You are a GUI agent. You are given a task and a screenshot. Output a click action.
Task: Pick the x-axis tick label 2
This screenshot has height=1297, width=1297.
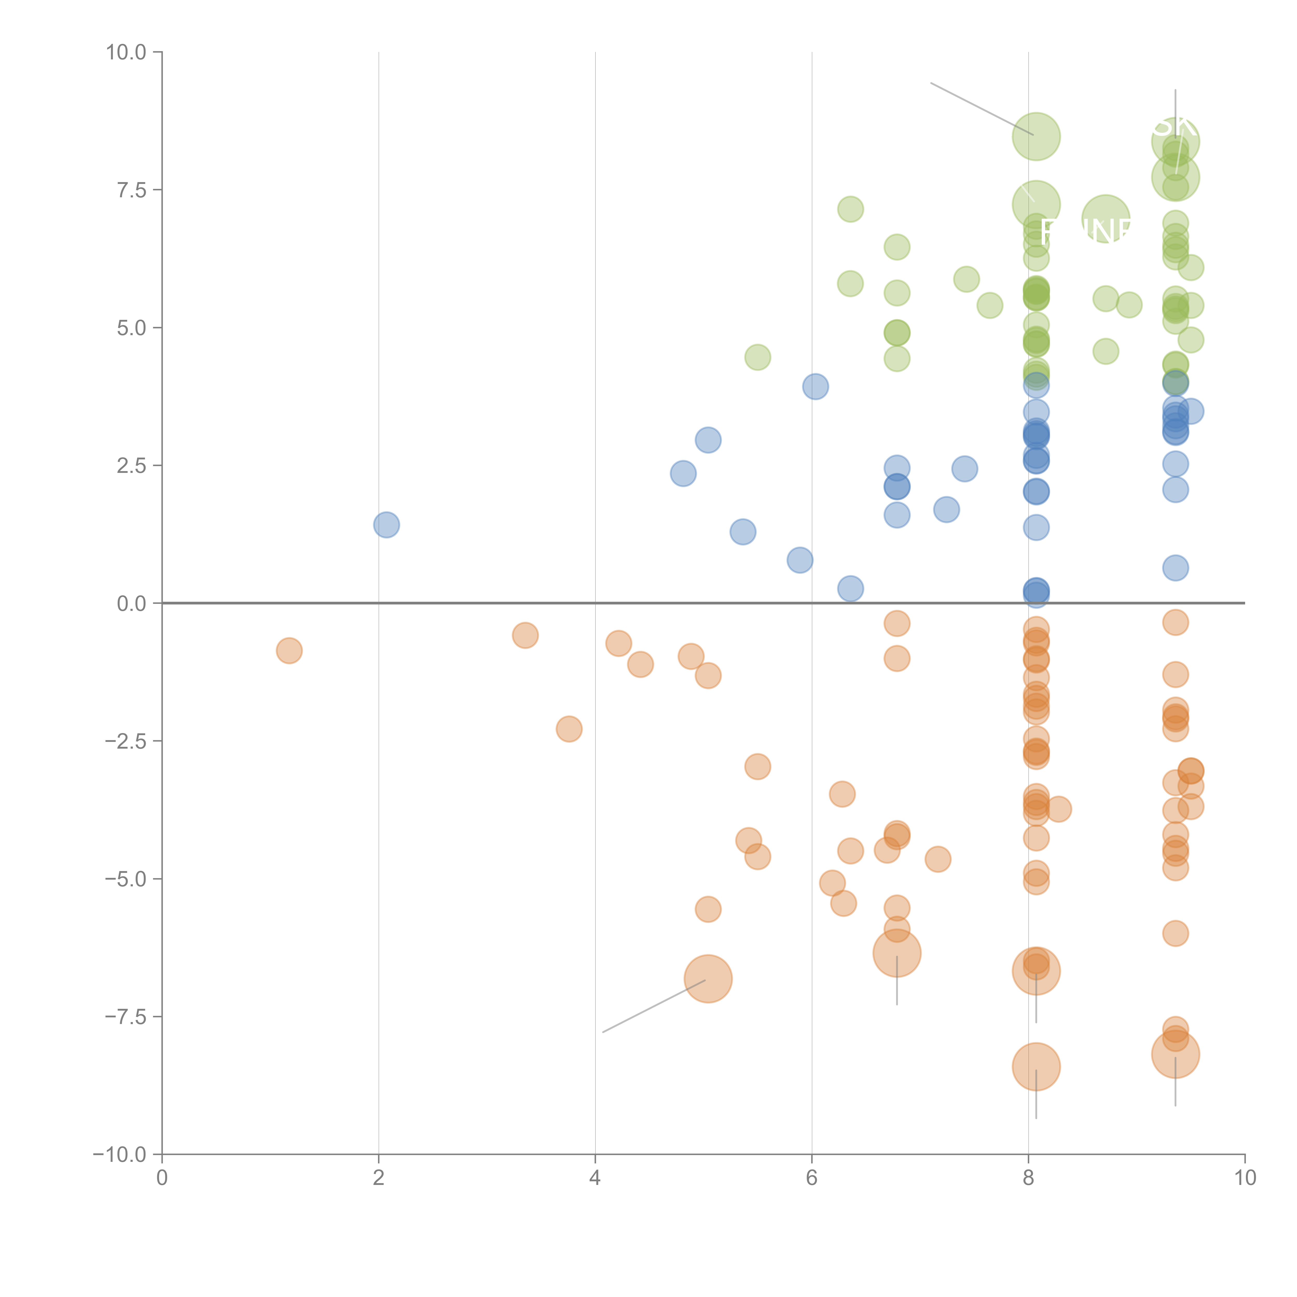coord(379,1178)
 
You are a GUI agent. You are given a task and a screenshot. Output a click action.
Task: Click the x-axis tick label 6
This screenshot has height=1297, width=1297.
coord(812,1178)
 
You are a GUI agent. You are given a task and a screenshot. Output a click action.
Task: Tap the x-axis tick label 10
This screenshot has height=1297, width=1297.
coord(1245,1178)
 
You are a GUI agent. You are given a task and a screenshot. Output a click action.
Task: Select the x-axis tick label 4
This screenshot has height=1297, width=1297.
coord(595,1178)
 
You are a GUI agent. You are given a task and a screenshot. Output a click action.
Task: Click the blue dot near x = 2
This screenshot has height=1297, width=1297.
coord(386,524)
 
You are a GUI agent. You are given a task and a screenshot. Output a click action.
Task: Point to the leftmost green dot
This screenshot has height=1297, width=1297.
coord(757,357)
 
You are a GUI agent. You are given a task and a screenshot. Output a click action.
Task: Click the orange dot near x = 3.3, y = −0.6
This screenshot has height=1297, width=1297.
coord(525,635)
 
